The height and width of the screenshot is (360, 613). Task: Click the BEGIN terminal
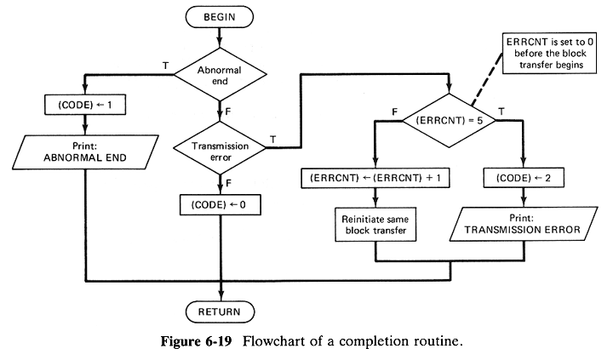tap(221, 15)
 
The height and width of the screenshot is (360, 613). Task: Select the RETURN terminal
tap(221, 312)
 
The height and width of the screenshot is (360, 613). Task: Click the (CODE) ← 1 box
tap(86, 106)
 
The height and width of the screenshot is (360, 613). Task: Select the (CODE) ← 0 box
tap(220, 204)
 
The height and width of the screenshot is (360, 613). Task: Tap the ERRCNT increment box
tap(375, 179)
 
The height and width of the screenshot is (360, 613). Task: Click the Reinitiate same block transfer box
tap(375, 224)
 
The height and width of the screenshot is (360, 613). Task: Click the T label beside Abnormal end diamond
tap(164, 65)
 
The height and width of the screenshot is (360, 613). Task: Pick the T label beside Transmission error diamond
tap(272, 139)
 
